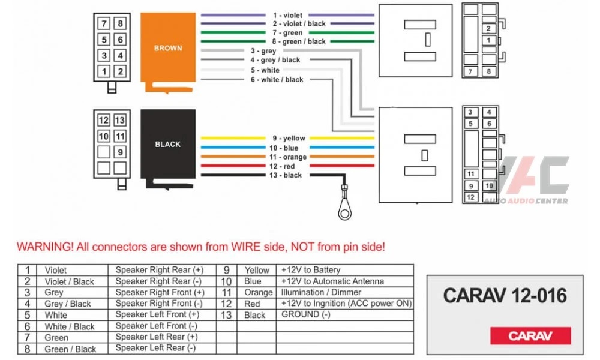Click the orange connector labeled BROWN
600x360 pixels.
coord(168,48)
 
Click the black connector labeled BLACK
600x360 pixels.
coord(168,144)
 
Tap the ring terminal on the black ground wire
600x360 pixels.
coord(344,209)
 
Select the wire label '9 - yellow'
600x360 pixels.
coord(289,138)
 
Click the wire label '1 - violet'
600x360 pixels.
coord(288,14)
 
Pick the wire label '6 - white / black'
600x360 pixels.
coord(277,79)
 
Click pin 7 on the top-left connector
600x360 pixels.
coord(104,23)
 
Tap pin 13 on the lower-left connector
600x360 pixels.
coord(120,120)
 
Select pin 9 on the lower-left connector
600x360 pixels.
coord(120,152)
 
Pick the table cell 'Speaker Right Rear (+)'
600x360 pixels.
coord(160,270)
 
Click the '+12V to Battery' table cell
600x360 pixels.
coord(310,270)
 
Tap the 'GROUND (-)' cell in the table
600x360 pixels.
coord(306,314)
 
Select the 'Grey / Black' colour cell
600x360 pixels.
coord(68,304)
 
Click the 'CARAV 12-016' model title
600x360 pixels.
coord(504,295)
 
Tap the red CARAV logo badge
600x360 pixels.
coord(530,335)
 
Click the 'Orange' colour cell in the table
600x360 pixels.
coord(258,292)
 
